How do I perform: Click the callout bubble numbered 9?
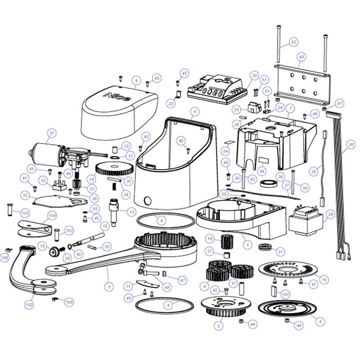(135, 81)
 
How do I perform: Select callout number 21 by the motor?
(52, 133)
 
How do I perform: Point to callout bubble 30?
(254, 75)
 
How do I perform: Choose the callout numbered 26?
(351, 144)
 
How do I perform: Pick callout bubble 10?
(325, 280)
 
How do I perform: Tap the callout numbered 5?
(320, 322)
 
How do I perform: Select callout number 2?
(219, 325)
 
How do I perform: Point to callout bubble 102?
(29, 305)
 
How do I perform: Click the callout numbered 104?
(52, 216)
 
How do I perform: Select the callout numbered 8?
(194, 110)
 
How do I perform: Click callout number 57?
(340, 103)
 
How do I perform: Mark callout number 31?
(280, 251)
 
